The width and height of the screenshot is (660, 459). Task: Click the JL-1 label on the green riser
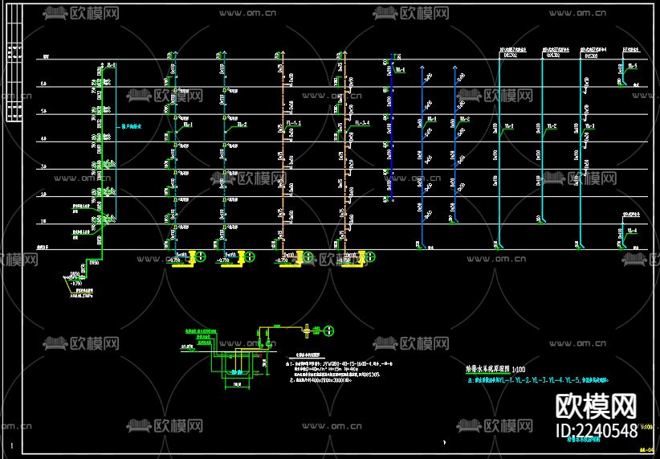(x=111, y=64)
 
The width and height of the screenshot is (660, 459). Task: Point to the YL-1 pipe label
(x=508, y=126)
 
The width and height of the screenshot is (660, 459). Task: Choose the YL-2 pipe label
(x=552, y=126)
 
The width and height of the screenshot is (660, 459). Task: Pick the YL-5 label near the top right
(x=633, y=65)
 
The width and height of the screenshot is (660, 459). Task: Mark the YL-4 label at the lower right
(x=633, y=231)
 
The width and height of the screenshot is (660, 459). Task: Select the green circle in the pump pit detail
(x=328, y=330)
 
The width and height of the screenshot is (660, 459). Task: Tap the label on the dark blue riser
(x=399, y=71)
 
